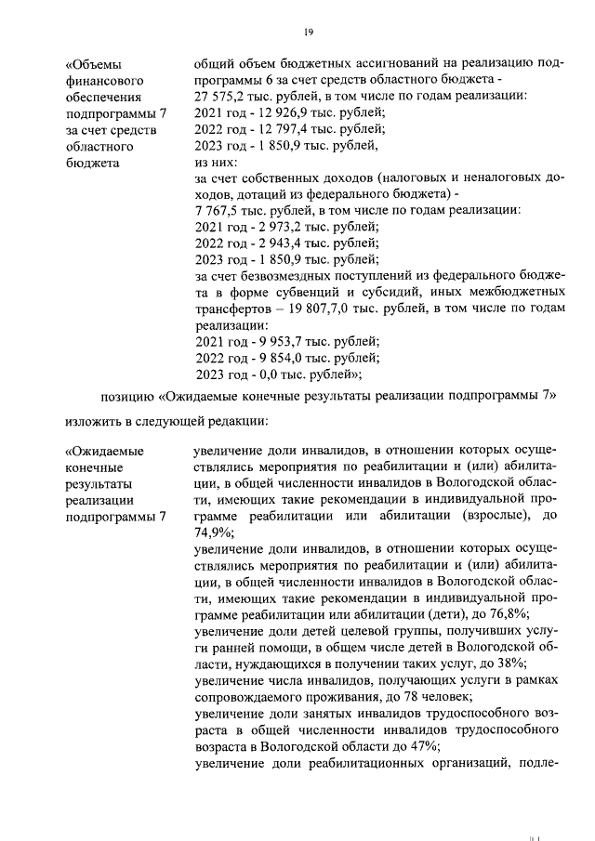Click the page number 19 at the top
point(308,33)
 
